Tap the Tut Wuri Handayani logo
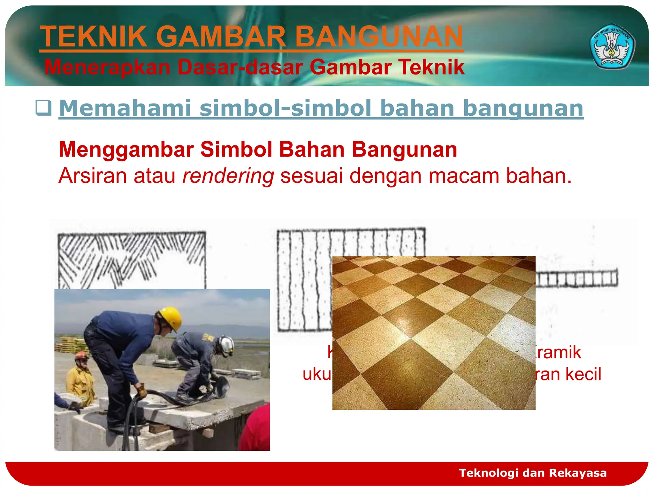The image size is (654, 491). tap(612, 47)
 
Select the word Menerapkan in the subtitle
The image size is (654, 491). tap(107, 67)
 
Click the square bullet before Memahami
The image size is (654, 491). tap(43, 108)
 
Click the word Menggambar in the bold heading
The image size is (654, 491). tap(126, 149)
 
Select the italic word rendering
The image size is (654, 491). tap(228, 176)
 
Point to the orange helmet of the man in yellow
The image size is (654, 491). tap(82, 355)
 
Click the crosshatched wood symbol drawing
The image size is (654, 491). tap(131, 259)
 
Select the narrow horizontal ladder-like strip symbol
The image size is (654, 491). tap(576, 278)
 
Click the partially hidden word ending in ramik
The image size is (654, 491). tap(559, 352)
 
